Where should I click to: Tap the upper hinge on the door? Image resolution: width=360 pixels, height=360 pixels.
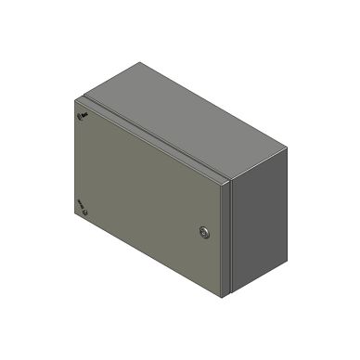(x=82, y=117)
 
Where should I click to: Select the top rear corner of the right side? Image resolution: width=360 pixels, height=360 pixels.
(x=281, y=138)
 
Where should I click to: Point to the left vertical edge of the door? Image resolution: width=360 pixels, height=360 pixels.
(x=76, y=158)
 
